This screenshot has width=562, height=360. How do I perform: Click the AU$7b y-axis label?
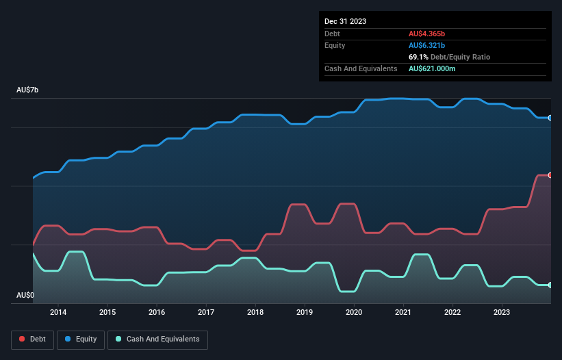tap(27, 90)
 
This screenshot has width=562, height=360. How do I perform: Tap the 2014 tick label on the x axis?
tap(58, 313)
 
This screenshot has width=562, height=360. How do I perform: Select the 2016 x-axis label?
tap(157, 313)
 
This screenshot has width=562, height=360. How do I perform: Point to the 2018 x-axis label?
tap(255, 313)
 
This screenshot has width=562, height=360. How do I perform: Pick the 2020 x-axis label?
tap(354, 313)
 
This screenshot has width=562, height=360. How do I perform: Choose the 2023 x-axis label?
tap(502, 313)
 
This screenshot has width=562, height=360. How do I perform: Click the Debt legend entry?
tap(32, 339)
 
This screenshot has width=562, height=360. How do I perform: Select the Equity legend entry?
tap(81, 339)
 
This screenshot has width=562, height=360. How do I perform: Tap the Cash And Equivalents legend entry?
tap(157, 339)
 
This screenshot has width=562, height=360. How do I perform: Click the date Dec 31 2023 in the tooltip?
tap(345, 21)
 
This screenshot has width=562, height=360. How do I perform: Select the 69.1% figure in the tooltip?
tap(419, 57)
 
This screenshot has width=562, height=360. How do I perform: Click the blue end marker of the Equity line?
tap(550, 118)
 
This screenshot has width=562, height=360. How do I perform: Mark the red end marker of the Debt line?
tap(550, 175)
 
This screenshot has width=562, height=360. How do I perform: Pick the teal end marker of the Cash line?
tap(550, 285)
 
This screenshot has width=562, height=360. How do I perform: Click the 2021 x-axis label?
tap(403, 313)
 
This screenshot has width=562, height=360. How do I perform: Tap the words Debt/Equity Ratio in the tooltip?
tap(460, 57)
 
